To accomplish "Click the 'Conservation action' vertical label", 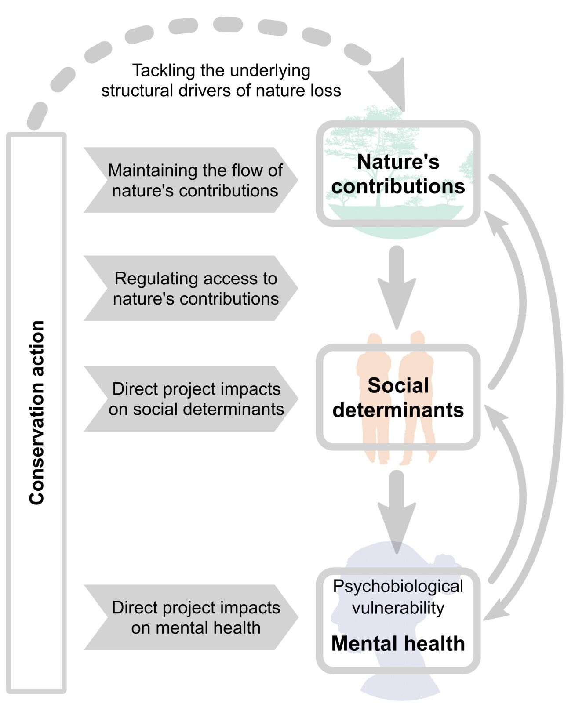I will pyautogui.click(x=37, y=413).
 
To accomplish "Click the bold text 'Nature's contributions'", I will pyautogui.click(x=398, y=174).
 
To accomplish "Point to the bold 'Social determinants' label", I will pyautogui.click(x=398, y=398).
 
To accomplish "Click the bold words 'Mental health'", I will pyautogui.click(x=398, y=644).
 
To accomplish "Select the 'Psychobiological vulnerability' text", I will pyautogui.click(x=398, y=597).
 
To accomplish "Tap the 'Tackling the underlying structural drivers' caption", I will pyautogui.click(x=221, y=80).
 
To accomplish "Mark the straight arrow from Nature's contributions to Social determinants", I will pyautogui.click(x=397, y=286).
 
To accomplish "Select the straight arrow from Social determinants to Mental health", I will pyautogui.click(x=397, y=510).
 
